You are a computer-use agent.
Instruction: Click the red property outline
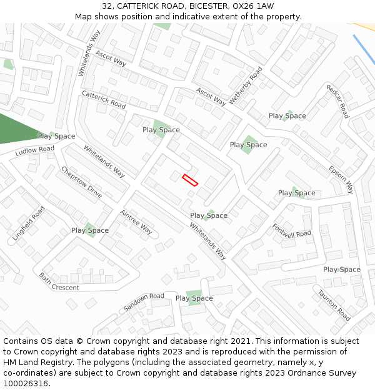coord(190,180)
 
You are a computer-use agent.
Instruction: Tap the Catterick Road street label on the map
coord(104,99)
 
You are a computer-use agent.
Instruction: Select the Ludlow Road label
coord(35,150)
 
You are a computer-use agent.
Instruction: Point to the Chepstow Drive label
coord(81,182)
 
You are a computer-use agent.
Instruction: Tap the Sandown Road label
coord(144,302)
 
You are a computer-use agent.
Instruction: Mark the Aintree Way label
coord(136,222)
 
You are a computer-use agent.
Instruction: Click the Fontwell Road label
coord(291,230)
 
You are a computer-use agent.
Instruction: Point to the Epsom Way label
coord(341,179)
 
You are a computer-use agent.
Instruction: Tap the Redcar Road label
coord(337,101)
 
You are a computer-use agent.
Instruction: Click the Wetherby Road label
coord(246,85)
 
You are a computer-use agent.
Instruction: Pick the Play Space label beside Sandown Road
coord(194,298)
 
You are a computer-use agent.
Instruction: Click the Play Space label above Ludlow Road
coord(56,136)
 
